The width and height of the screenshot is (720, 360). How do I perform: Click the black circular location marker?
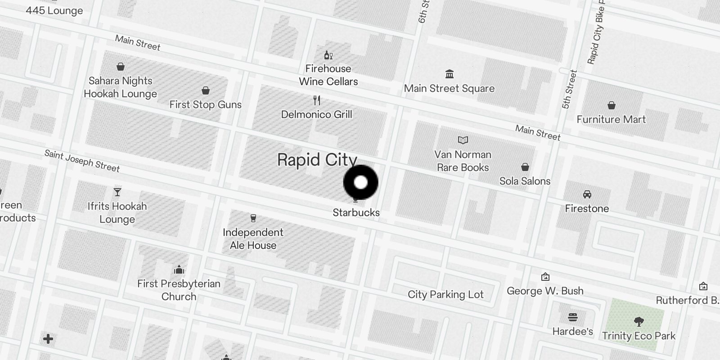[360, 182]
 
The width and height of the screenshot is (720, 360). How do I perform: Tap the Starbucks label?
[356, 212]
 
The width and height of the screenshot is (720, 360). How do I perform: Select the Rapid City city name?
[317, 160]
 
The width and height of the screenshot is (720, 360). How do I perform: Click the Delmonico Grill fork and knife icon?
[317, 100]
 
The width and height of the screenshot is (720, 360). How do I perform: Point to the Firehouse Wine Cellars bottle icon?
[328, 55]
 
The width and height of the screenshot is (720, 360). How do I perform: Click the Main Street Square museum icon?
[449, 74]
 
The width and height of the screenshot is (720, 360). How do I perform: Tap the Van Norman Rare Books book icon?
[463, 140]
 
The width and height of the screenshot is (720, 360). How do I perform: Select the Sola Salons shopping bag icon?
[525, 167]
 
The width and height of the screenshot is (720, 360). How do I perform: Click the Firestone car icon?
[587, 194]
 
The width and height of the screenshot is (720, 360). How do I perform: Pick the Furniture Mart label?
[611, 120]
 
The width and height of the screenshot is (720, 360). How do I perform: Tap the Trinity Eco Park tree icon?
[639, 321]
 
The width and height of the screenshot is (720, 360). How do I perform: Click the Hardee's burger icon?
[572, 318]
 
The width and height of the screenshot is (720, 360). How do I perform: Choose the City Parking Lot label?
[445, 295]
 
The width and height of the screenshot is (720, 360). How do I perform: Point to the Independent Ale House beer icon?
[253, 218]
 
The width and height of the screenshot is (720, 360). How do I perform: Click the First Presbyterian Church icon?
[179, 270]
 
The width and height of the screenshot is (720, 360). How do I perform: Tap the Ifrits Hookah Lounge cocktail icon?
[117, 192]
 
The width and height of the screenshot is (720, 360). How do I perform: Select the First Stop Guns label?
[205, 105]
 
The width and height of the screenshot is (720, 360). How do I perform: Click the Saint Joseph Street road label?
[82, 161]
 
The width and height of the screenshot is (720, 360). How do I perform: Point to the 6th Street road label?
[423, 12]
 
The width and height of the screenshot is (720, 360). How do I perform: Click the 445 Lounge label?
[54, 11]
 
